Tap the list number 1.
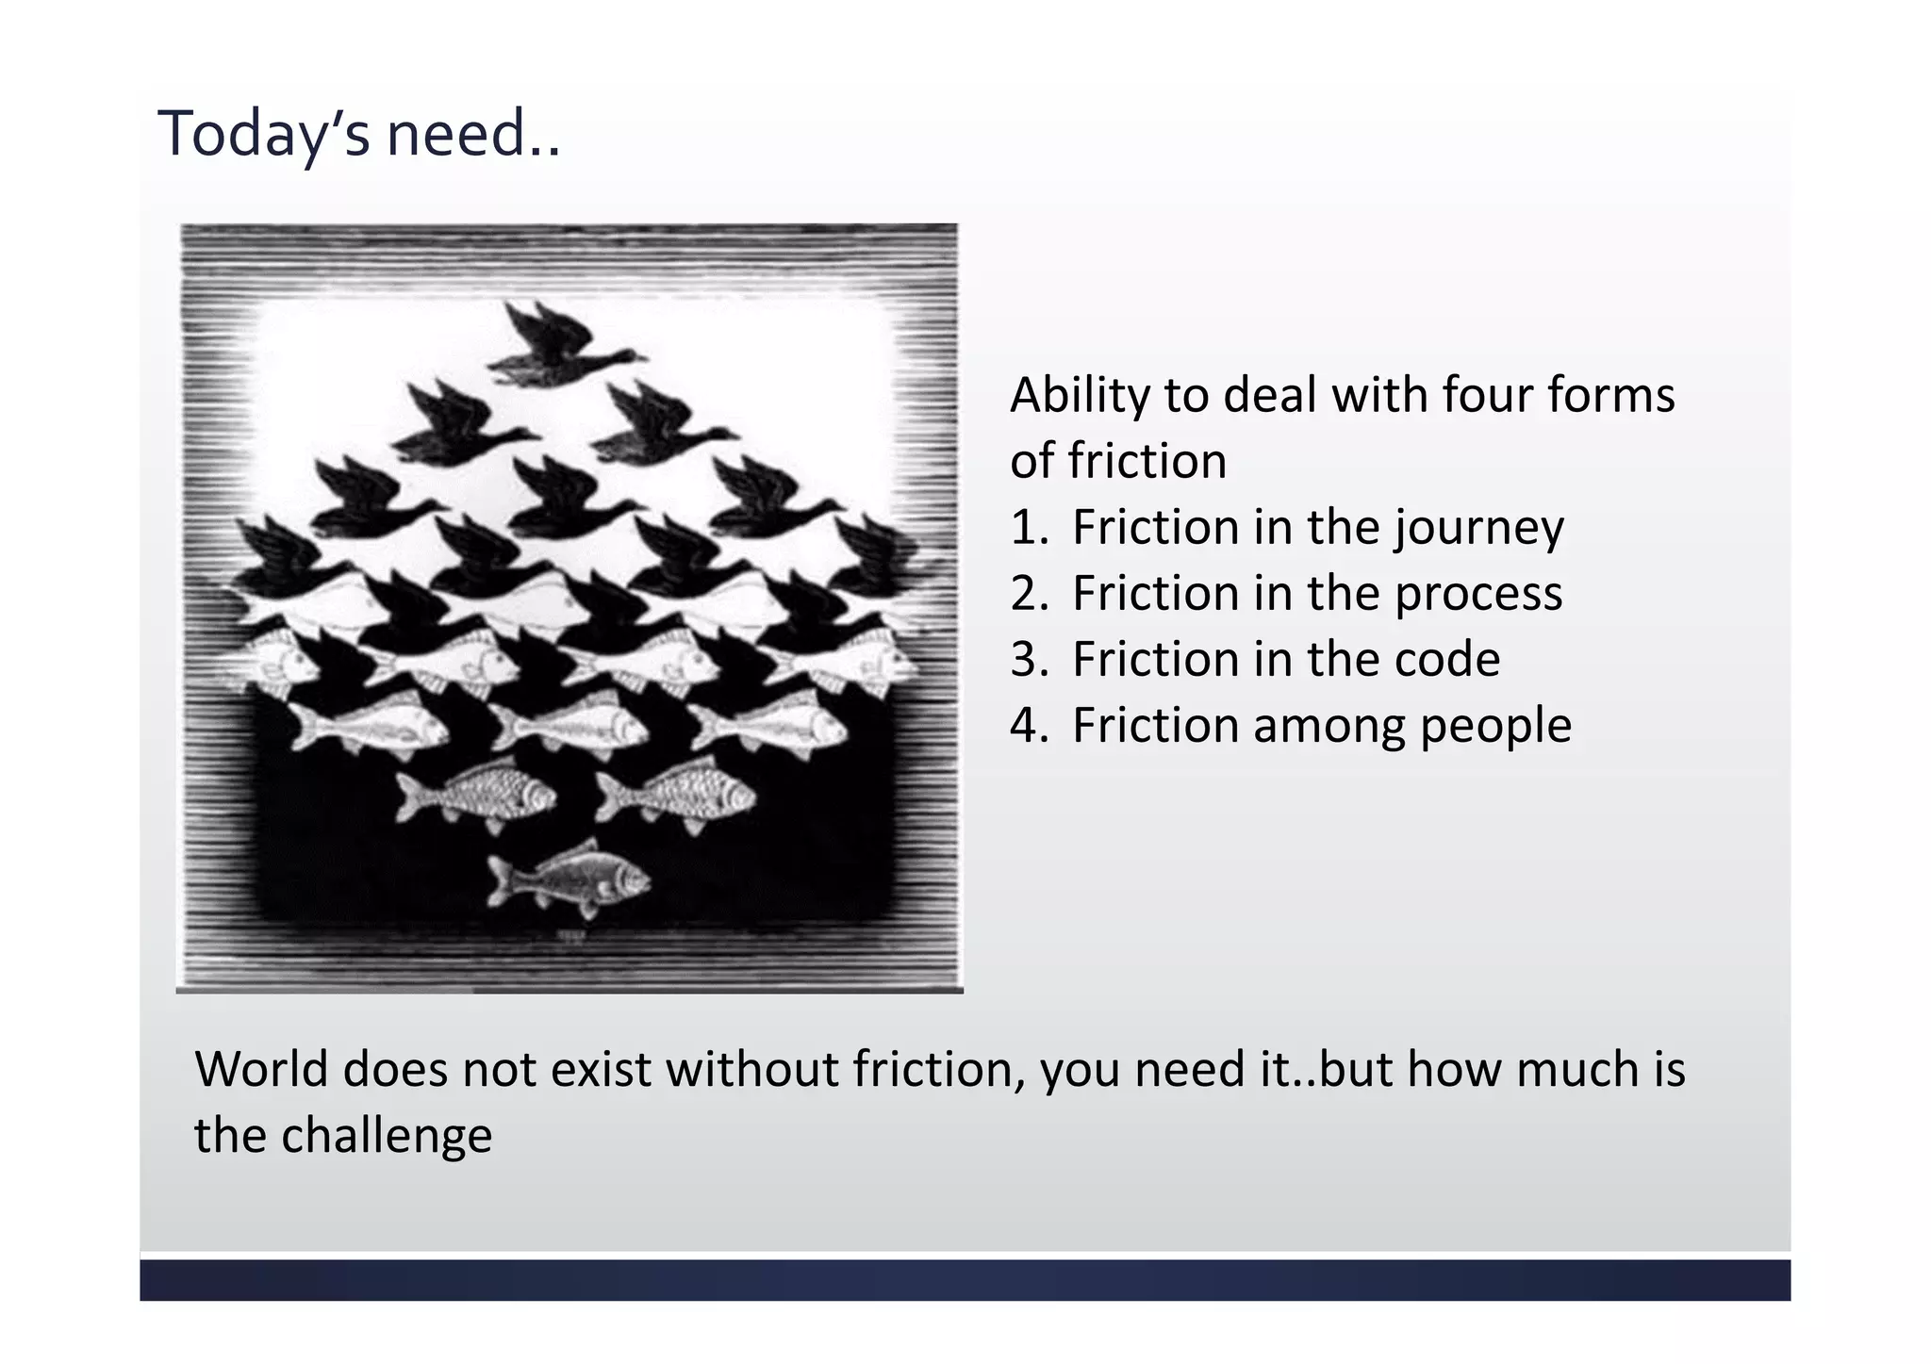click(x=1027, y=527)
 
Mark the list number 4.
click(x=1027, y=726)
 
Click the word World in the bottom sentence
click(x=261, y=1070)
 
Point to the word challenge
click(x=387, y=1136)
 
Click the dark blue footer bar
click(x=965, y=1280)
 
